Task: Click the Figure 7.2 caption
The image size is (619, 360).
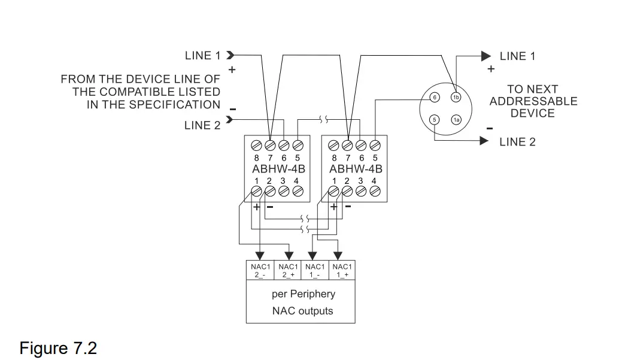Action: (58, 348)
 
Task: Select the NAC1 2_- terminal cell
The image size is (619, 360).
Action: (260, 270)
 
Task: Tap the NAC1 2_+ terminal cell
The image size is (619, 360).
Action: (288, 270)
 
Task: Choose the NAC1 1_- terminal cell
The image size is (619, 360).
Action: (315, 270)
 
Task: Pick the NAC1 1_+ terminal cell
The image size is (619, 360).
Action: (342, 270)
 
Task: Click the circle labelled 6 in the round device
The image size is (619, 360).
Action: (435, 97)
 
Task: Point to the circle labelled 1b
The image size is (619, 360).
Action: (456, 97)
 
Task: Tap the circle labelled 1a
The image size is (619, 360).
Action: (456, 120)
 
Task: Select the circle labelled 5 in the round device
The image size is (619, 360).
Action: (435, 120)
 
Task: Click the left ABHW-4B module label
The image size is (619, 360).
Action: (278, 169)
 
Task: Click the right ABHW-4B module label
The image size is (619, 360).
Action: (356, 169)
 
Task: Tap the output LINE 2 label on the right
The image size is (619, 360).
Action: (517, 142)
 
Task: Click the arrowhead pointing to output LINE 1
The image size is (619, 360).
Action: (486, 56)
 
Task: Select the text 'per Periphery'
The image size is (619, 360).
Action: (303, 294)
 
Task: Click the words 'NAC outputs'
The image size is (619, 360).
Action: (302, 311)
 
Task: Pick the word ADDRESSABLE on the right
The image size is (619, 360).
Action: (533, 101)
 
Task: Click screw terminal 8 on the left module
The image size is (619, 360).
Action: (256, 145)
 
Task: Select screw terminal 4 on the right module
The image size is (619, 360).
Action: (375, 191)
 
